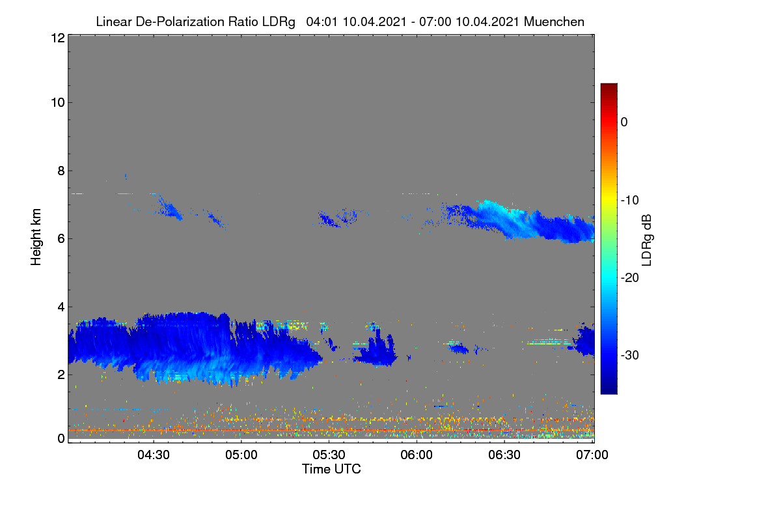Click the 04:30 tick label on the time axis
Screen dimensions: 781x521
[x=154, y=455]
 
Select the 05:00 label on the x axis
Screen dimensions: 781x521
[x=241, y=455]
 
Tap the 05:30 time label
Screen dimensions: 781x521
[x=329, y=455]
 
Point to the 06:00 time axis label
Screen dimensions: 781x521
[x=417, y=455]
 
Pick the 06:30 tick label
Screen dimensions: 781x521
[x=504, y=455]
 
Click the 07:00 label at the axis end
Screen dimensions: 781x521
[x=592, y=455]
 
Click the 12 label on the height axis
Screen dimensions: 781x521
[x=58, y=38]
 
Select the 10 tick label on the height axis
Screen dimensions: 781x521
[x=58, y=103]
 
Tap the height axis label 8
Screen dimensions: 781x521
[x=61, y=171]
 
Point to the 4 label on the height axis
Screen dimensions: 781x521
[x=61, y=307]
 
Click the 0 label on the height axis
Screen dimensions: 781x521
[x=61, y=438]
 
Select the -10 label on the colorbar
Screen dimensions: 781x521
[x=630, y=201]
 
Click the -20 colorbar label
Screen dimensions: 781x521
[x=630, y=278]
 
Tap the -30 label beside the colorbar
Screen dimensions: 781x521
[x=630, y=355]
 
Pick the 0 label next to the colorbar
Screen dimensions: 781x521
[x=624, y=122]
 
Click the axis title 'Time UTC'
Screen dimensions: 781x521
[x=331, y=469]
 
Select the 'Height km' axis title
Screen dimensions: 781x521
[x=36, y=237]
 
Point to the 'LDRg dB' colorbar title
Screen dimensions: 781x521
[x=646, y=240]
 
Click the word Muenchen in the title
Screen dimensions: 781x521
[x=554, y=21]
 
